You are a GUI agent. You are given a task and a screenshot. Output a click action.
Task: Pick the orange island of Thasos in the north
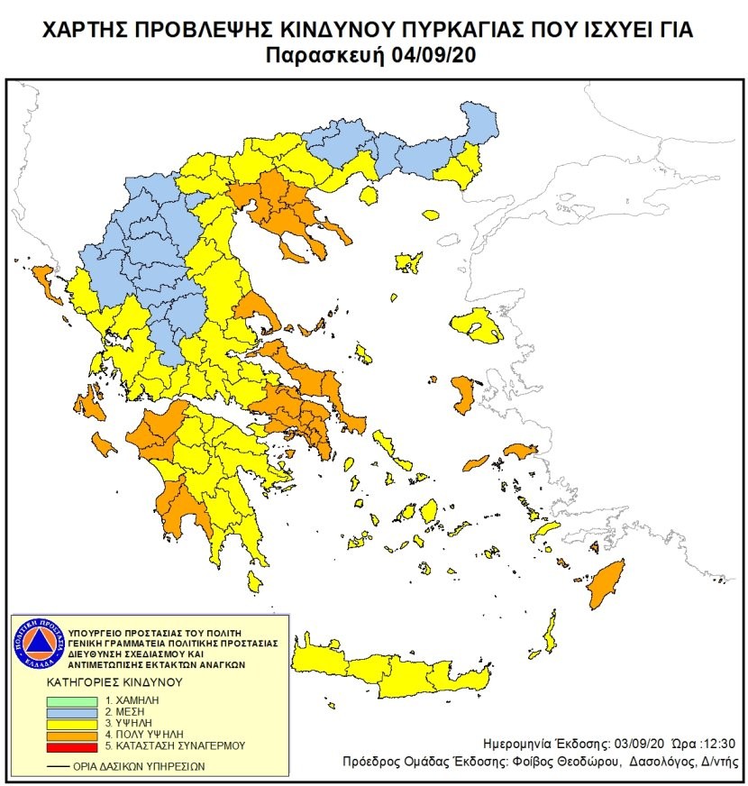tap(430, 215)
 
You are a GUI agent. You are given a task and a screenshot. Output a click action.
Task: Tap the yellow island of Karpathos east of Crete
tap(547, 631)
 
